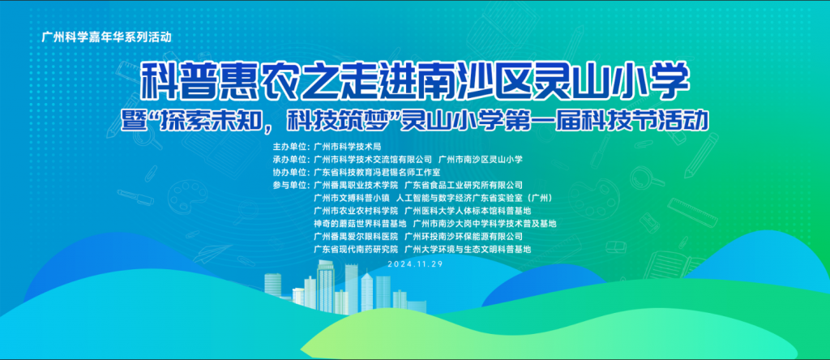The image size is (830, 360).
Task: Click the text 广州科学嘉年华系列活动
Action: pyautogui.click(x=107, y=37)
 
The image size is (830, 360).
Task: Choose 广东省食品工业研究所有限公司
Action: pyautogui.click(x=464, y=185)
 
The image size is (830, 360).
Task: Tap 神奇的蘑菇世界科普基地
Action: pyautogui.click(x=360, y=224)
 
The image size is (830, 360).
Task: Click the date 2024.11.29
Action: pyautogui.click(x=415, y=264)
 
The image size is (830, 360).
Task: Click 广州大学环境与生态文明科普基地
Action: pyautogui.click(x=468, y=249)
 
